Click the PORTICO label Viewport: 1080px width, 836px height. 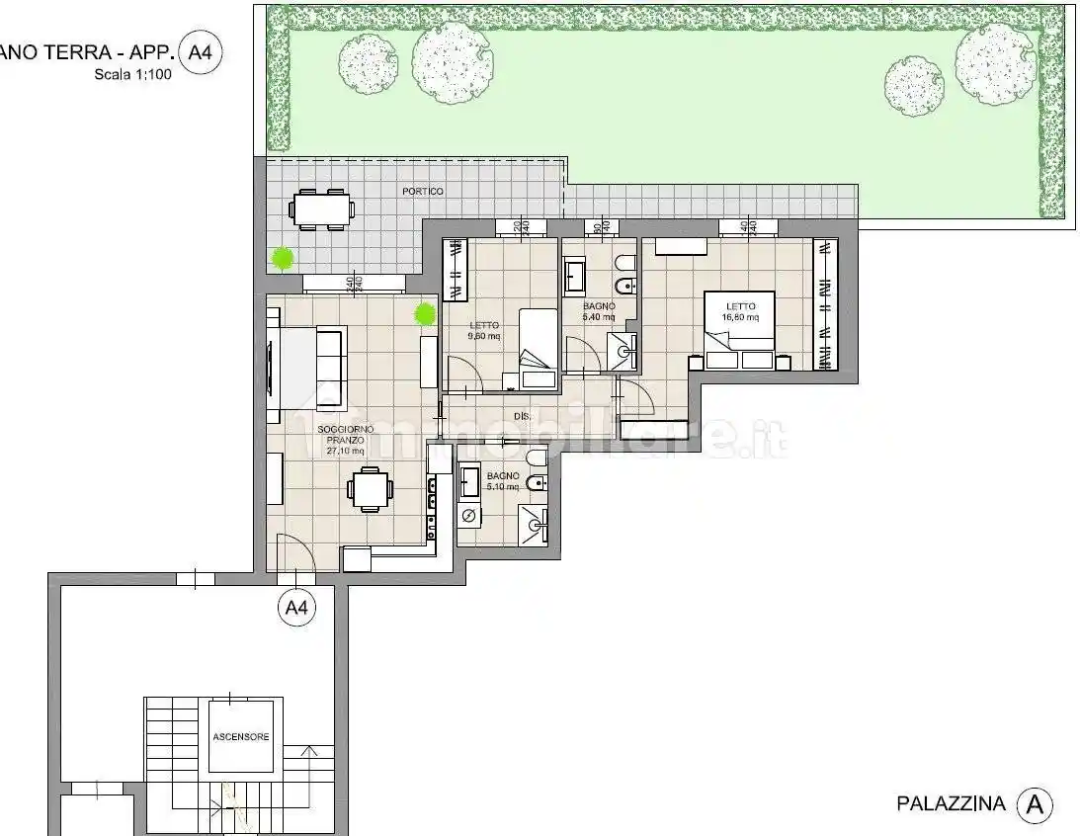tap(422, 191)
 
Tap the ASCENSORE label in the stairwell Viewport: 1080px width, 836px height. tap(240, 737)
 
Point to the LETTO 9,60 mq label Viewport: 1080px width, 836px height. tap(484, 330)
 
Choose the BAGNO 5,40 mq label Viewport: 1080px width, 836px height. tap(599, 312)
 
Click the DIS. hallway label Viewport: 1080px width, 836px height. tap(522, 417)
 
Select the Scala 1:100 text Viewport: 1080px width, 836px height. tap(133, 74)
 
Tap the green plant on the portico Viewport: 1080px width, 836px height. tap(283, 260)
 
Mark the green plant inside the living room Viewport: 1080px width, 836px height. tap(425, 314)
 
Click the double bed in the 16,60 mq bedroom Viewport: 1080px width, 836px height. tap(738, 330)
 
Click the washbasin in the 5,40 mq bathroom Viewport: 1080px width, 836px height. tap(575, 278)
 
